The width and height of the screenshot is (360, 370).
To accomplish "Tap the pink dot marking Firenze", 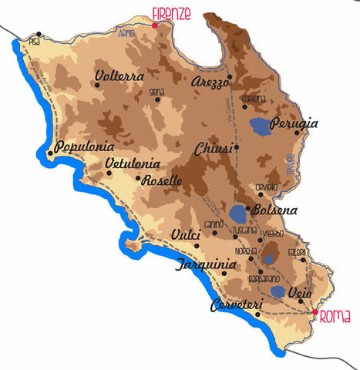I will [155, 25].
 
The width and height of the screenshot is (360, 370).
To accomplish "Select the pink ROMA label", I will [335, 316].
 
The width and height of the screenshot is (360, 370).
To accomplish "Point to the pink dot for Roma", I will [315, 312].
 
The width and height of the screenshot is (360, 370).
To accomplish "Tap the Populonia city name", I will [86, 146].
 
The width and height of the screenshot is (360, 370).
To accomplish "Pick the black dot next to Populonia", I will [51, 153].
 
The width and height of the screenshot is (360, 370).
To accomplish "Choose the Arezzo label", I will [211, 81].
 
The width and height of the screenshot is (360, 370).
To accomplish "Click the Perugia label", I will [315, 123].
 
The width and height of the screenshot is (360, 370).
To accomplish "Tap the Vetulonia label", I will [133, 163].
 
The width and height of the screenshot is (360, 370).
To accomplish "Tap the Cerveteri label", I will [236, 306].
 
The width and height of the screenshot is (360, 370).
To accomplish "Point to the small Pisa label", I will [33, 41].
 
